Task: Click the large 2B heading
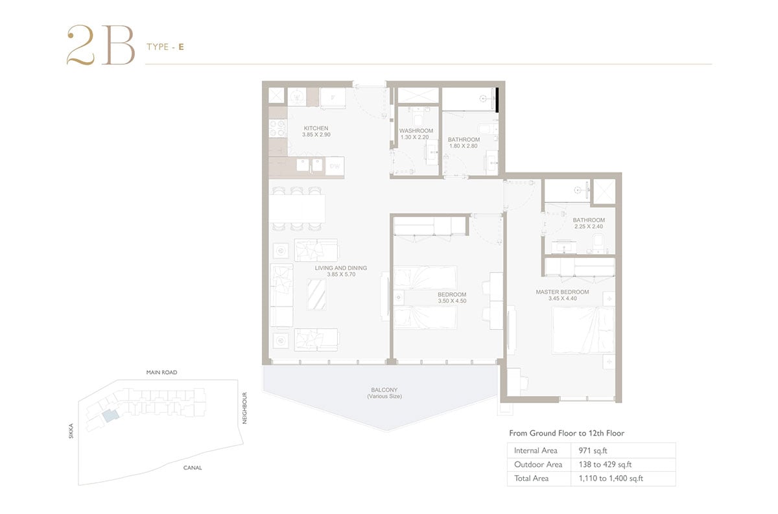pyautogui.click(x=100, y=45)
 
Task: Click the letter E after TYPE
pyautogui.click(x=181, y=47)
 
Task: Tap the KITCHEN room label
pyautogui.click(x=316, y=128)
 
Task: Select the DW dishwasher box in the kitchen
pyautogui.click(x=335, y=166)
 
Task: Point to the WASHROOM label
pyautogui.click(x=416, y=131)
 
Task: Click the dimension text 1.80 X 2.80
pyautogui.click(x=464, y=146)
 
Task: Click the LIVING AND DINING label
pyautogui.click(x=341, y=268)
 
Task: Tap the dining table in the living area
pyautogui.click(x=298, y=208)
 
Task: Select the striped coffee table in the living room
pyautogui.click(x=317, y=294)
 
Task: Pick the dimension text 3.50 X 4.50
pyautogui.click(x=452, y=301)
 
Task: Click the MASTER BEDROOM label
pyautogui.click(x=562, y=292)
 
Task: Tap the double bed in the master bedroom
pyautogui.click(x=583, y=330)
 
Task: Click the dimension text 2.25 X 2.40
pyautogui.click(x=589, y=226)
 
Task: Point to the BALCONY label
pyautogui.click(x=384, y=390)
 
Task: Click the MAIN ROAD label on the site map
pyautogui.click(x=161, y=372)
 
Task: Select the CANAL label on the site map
pyautogui.click(x=193, y=468)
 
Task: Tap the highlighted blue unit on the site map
pyautogui.click(x=111, y=415)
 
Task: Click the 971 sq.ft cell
pyautogui.click(x=593, y=450)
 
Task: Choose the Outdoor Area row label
pyautogui.click(x=538, y=464)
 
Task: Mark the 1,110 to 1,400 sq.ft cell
pyautogui.click(x=611, y=478)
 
